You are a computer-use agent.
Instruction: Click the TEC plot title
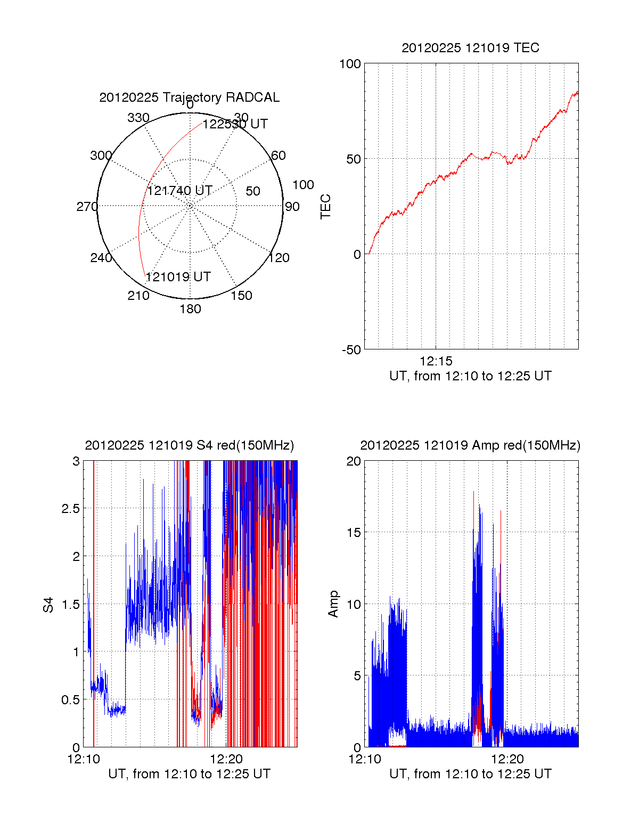coord(470,48)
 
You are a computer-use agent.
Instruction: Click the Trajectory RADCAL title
coord(189,97)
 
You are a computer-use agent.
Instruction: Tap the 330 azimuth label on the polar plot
coord(138,118)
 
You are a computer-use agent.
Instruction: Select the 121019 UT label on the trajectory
coord(178,277)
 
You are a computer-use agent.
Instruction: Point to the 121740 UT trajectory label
coord(179,191)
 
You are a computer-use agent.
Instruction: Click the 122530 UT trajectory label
coord(235,124)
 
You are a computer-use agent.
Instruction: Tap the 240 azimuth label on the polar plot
coord(101,258)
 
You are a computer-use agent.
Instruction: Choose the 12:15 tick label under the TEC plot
coord(436,361)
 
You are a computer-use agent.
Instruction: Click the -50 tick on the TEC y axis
coord(351,350)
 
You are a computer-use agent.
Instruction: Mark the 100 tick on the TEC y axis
coord(350,64)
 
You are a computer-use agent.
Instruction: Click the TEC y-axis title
coord(325,207)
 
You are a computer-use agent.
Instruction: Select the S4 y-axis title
coord(48,605)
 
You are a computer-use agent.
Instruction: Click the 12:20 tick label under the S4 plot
coord(226,759)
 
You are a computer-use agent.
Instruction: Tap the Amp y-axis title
coord(333,604)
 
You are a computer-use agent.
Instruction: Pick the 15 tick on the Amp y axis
coord(354,533)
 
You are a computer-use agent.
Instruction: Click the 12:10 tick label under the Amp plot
coord(365,759)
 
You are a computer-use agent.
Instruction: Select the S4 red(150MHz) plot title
coord(189,445)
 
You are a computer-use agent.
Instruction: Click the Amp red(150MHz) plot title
coord(470,445)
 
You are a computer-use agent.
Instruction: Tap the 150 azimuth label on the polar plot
coord(241,296)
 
